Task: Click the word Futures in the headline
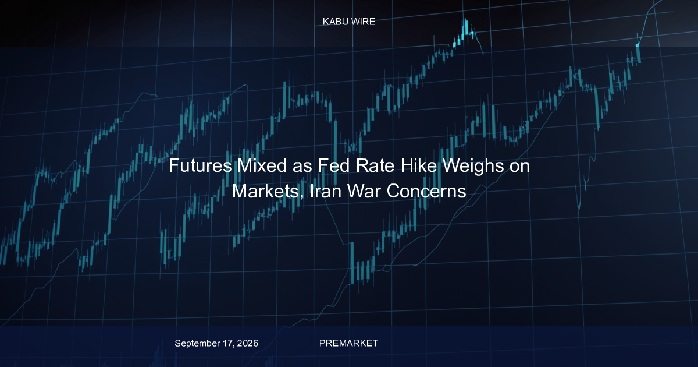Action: (x=200, y=165)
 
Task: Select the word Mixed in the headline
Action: (x=262, y=165)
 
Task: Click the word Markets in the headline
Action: (x=266, y=191)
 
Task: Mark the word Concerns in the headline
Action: (x=426, y=191)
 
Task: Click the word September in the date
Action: (x=198, y=344)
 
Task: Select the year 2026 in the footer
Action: (x=247, y=343)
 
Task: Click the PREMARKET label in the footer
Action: (x=348, y=343)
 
